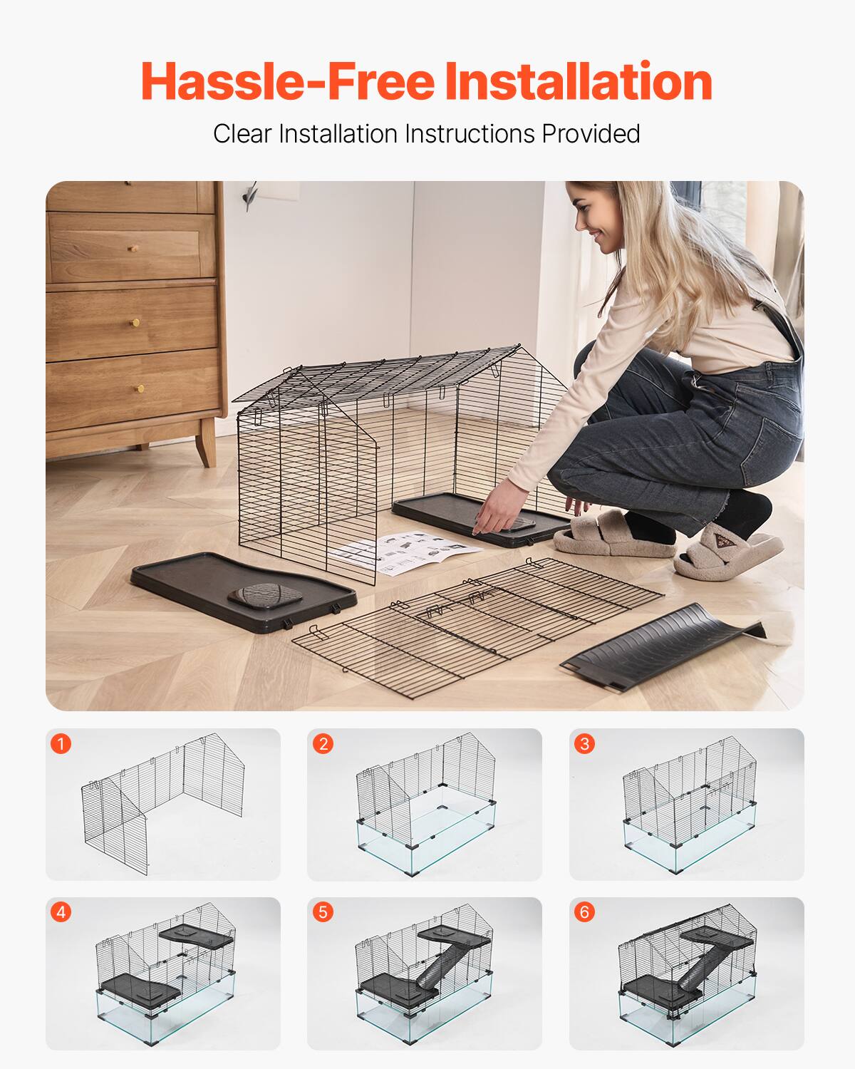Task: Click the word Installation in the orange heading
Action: pos(579,81)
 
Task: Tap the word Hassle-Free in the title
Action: pos(287,81)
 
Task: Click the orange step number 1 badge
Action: pos(61,744)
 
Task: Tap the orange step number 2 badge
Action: pos(323,744)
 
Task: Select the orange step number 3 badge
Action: pos(585,744)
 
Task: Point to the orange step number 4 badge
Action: pos(61,912)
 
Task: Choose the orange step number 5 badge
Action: pos(323,912)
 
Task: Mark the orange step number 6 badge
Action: pos(585,912)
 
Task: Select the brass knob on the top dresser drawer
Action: pos(132,248)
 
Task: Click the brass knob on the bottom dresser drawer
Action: pos(140,388)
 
